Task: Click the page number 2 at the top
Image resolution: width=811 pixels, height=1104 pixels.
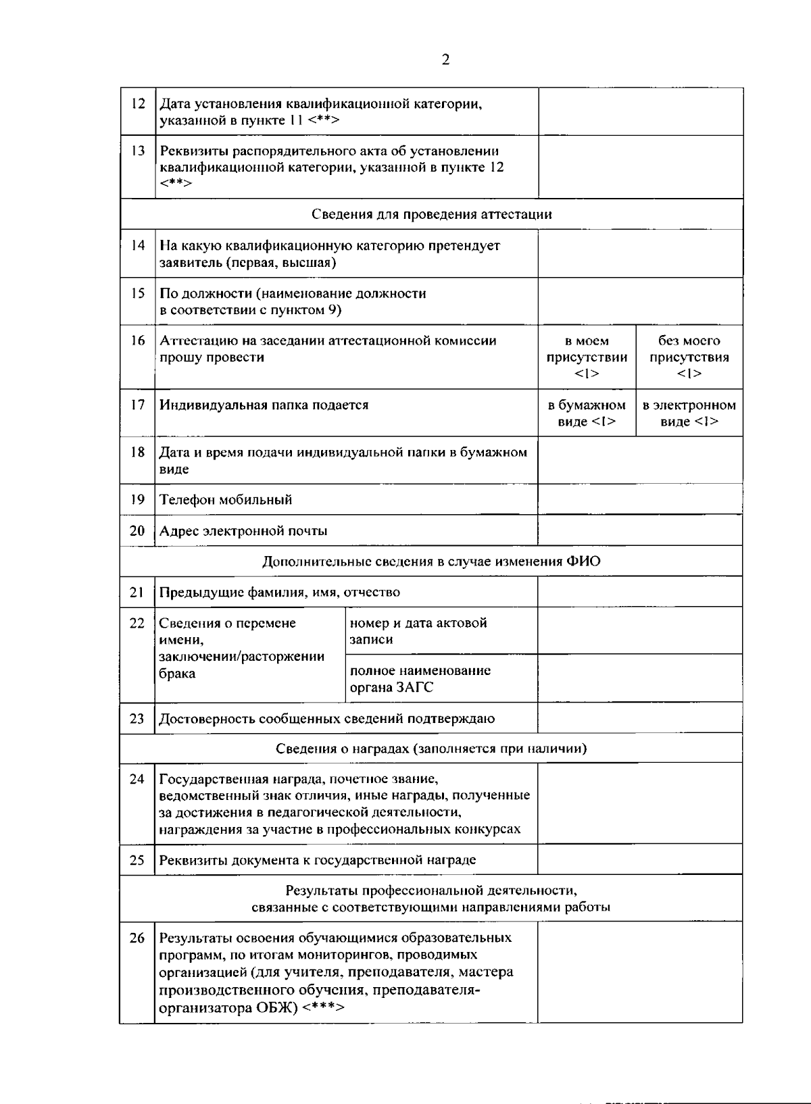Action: (x=445, y=60)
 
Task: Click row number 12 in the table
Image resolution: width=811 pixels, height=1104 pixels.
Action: (x=138, y=104)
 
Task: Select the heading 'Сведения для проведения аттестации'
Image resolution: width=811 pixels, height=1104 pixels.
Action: (x=431, y=214)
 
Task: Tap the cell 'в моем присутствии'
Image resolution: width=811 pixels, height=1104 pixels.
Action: (x=587, y=357)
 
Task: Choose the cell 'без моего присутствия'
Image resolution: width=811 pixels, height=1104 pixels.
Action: (x=689, y=357)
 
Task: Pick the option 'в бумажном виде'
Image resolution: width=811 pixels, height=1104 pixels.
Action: (x=587, y=413)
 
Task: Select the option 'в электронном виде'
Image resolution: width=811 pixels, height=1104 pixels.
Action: (x=689, y=413)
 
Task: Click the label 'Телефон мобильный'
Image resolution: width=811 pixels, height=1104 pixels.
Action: (x=226, y=499)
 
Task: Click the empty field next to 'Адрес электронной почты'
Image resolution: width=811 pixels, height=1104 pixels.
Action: (x=639, y=530)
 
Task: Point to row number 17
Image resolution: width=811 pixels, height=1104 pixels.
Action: (x=138, y=405)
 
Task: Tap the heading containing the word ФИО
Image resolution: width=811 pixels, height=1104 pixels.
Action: (x=431, y=561)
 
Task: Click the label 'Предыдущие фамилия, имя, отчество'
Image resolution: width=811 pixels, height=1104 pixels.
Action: (x=279, y=592)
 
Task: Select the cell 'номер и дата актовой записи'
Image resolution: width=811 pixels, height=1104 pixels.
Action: (x=418, y=630)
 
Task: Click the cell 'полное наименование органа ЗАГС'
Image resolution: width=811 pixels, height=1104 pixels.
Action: (x=419, y=678)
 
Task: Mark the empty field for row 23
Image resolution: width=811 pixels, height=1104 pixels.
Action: (x=639, y=718)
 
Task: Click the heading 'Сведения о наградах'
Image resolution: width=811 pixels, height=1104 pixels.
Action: (x=431, y=748)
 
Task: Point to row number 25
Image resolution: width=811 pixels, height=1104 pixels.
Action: (x=137, y=860)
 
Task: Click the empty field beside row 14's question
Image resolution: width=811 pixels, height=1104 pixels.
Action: (x=639, y=253)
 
